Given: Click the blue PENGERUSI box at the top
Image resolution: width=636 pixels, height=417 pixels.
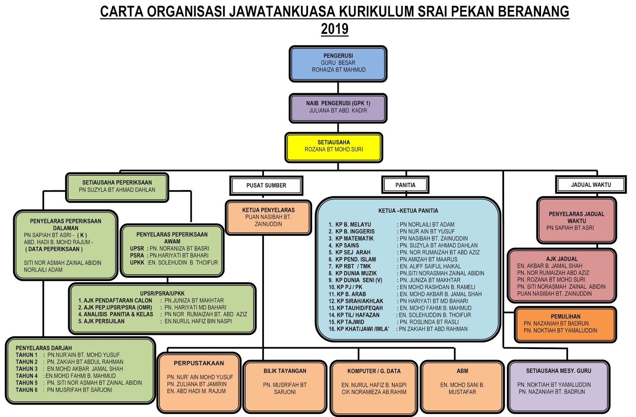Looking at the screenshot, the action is point(338,64).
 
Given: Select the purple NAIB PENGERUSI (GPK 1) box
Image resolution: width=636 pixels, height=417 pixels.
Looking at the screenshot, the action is point(338,108).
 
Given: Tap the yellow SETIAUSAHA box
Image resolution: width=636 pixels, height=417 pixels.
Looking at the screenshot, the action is point(334,147).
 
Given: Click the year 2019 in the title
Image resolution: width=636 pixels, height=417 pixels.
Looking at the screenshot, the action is point(334,29).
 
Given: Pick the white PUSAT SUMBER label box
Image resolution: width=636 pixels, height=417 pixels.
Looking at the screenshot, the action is point(266,186).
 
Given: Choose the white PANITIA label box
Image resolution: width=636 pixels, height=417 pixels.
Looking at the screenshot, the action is point(405,185).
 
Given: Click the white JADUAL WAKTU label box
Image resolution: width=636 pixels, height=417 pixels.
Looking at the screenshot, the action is point(591,185).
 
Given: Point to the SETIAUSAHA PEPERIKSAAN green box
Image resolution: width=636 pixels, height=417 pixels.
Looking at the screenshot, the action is point(117,187).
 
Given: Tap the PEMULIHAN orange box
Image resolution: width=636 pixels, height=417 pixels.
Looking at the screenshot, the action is point(565,324).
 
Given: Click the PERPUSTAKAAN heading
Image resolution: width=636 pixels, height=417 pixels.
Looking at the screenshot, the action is point(199,363).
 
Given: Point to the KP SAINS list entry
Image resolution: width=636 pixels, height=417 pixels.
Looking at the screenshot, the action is point(347,246).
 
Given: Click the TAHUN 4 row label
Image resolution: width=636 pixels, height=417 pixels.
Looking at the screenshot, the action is point(27,376).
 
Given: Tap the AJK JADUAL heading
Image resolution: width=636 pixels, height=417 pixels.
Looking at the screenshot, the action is point(562,259).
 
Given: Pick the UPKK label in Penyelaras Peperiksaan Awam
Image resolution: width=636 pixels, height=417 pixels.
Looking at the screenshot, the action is point(137,263).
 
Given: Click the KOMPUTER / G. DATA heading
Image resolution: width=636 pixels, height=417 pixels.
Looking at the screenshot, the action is point(374,371).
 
